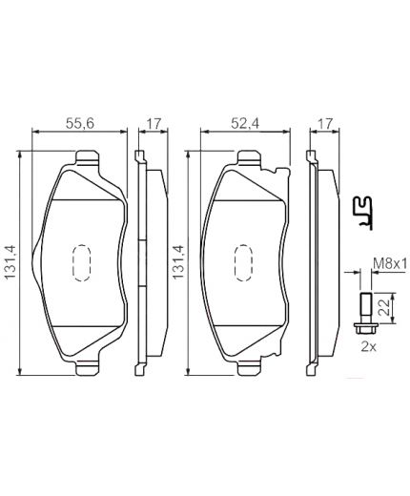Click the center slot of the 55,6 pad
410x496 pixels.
[81, 259]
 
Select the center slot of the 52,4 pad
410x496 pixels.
[244, 259]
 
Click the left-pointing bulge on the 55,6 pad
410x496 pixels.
[35, 258]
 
